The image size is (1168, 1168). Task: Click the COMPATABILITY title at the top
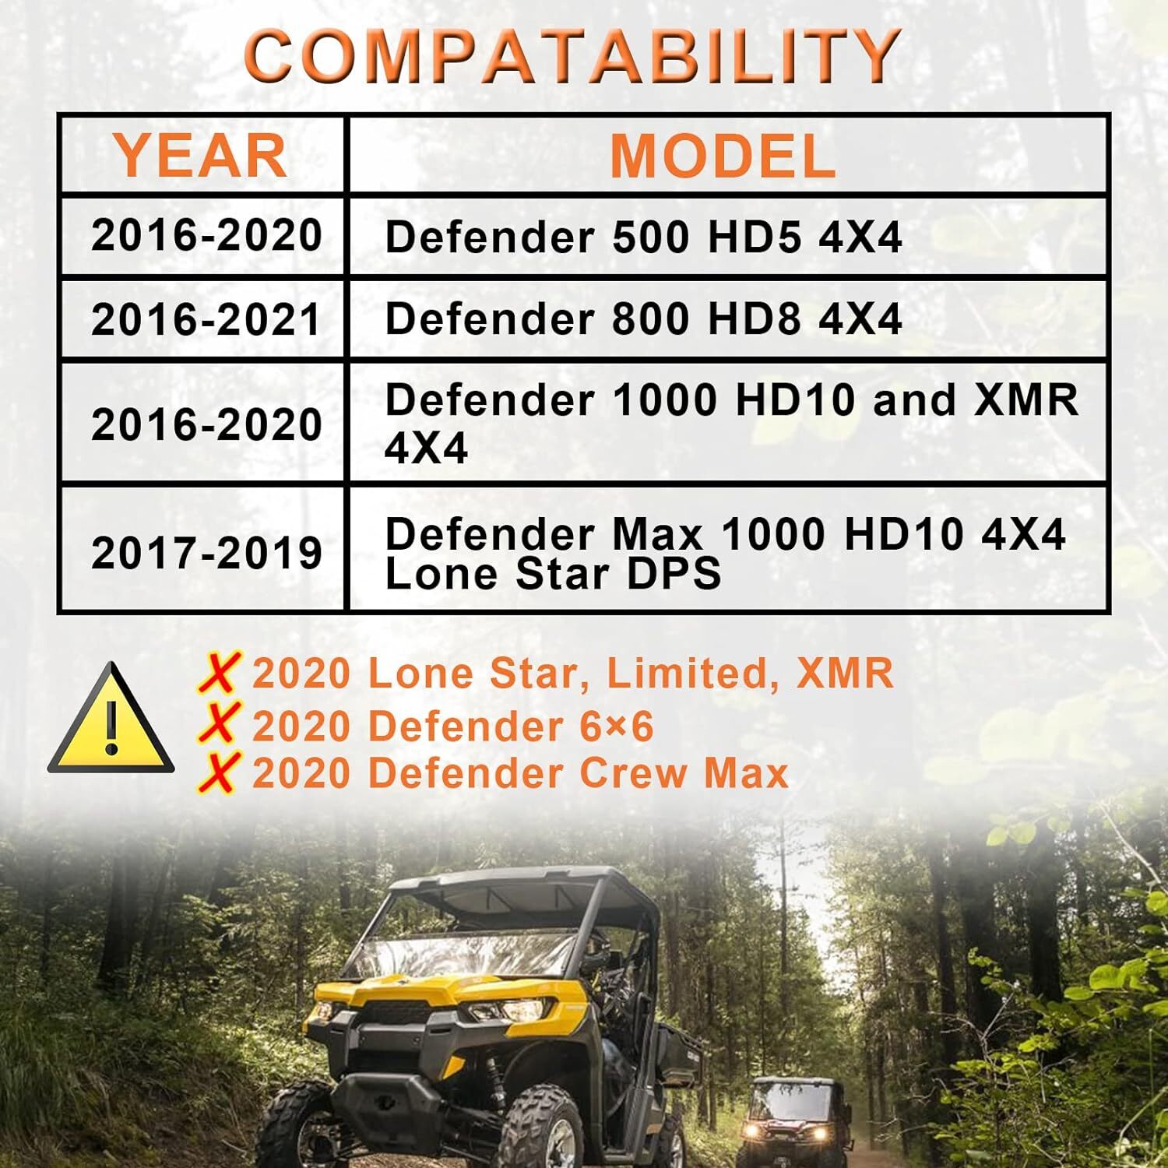572,56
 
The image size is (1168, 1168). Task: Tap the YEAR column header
201,156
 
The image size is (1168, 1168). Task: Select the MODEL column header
723,156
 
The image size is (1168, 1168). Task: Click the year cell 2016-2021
206,319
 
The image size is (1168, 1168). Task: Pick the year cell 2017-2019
206,552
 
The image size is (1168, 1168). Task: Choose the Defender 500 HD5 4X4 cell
643,237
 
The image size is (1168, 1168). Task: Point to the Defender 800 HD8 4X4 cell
643,319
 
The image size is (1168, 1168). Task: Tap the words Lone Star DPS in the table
553,575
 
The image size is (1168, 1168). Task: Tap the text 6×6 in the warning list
616,726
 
